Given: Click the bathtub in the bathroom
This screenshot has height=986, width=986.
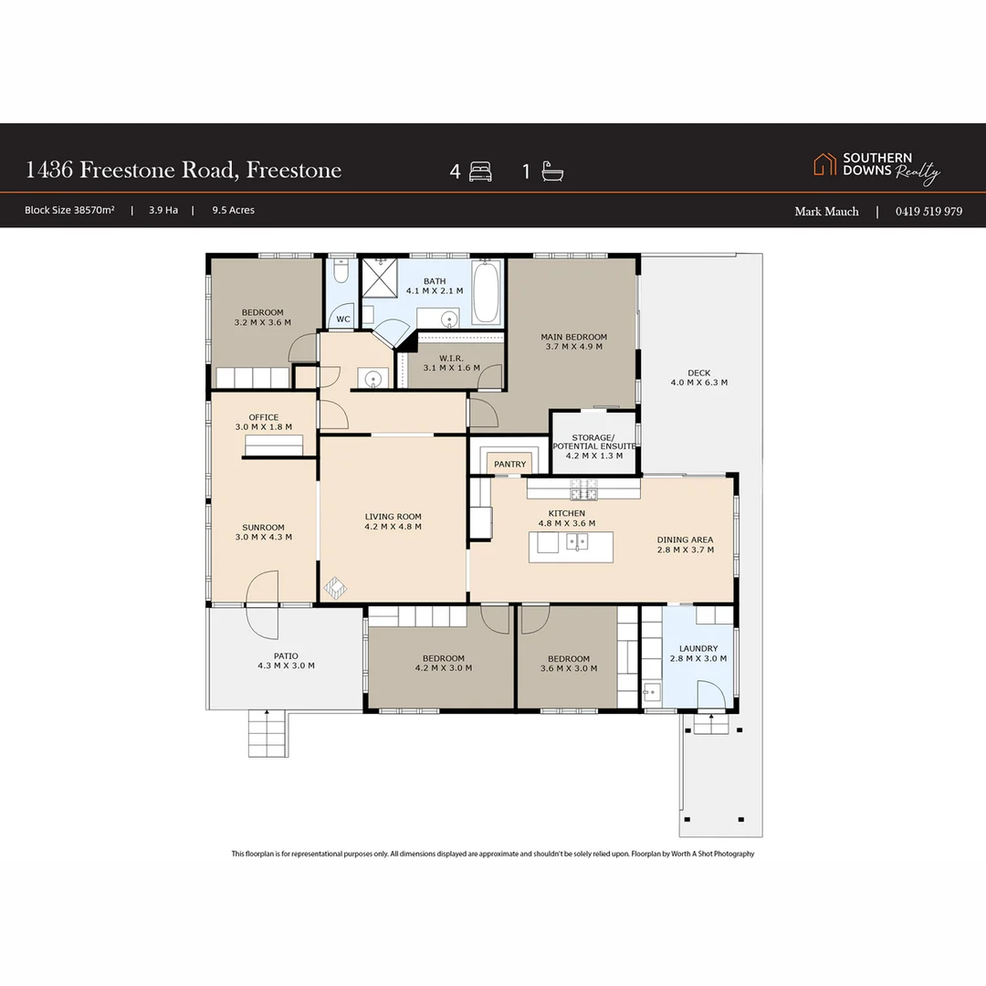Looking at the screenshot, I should (x=486, y=293).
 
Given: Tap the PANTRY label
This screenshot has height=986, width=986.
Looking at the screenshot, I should (x=509, y=464).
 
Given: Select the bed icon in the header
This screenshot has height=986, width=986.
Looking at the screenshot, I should (x=481, y=172).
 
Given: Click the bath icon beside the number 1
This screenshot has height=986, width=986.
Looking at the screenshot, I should (x=552, y=172).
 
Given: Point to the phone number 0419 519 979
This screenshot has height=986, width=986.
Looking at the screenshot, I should (x=928, y=211).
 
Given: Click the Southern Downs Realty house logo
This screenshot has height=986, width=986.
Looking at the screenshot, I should (x=824, y=164).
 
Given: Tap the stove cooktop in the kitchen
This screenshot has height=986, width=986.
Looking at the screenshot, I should (x=582, y=489).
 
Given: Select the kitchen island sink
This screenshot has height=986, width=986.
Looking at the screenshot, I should (x=575, y=542).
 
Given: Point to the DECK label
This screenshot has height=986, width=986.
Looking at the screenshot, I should (x=698, y=377).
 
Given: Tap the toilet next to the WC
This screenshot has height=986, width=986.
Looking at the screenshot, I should (x=341, y=273).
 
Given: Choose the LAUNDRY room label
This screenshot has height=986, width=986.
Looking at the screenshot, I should (x=698, y=653).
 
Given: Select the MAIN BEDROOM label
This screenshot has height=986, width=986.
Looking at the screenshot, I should (x=573, y=341).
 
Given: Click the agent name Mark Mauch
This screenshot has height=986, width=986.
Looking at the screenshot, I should (x=826, y=211).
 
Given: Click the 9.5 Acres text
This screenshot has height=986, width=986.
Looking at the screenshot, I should (x=233, y=210).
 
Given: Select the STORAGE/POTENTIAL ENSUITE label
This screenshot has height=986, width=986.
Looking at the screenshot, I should (x=594, y=446).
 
